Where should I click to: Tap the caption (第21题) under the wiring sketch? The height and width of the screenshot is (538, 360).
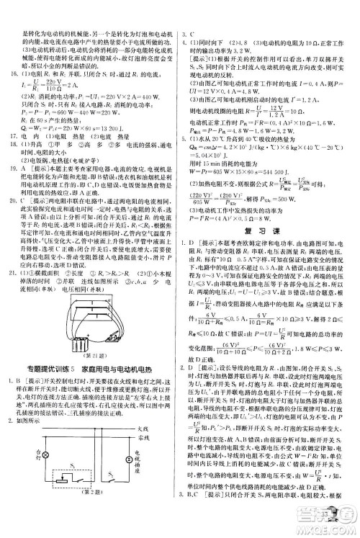tap(89, 353)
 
